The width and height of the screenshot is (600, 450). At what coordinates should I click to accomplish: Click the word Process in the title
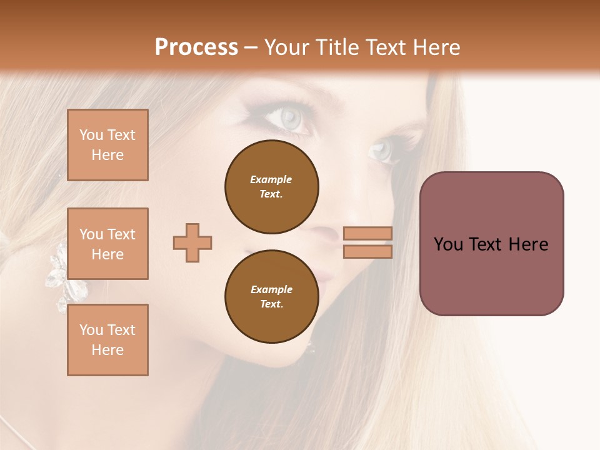pyautogui.click(x=196, y=47)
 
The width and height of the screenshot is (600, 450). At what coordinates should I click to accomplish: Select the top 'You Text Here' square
pyautogui.click(x=107, y=145)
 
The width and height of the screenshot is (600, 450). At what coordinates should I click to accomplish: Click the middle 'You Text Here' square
pyautogui.click(x=107, y=244)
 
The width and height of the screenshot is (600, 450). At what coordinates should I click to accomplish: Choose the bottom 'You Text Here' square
pyautogui.click(x=107, y=340)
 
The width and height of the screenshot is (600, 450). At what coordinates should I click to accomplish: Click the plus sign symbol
pyautogui.click(x=192, y=242)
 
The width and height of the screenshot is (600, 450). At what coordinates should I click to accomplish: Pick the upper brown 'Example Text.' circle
pyautogui.click(x=271, y=186)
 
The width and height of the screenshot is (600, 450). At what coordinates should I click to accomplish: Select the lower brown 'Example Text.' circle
pyautogui.click(x=271, y=296)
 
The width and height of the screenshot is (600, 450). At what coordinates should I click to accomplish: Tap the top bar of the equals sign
pyautogui.click(x=367, y=234)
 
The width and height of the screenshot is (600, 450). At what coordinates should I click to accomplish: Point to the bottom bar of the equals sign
pyautogui.click(x=367, y=251)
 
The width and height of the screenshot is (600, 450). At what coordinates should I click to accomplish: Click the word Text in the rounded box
pyautogui.click(x=491, y=244)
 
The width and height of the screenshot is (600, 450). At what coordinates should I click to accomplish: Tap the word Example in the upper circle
pyautogui.click(x=271, y=179)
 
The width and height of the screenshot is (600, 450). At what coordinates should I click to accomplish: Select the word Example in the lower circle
pyautogui.click(x=271, y=289)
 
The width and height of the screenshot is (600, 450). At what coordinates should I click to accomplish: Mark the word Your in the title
pyautogui.click(x=286, y=47)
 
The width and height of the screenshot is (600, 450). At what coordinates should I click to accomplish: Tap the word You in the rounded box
pyautogui.click(x=448, y=244)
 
